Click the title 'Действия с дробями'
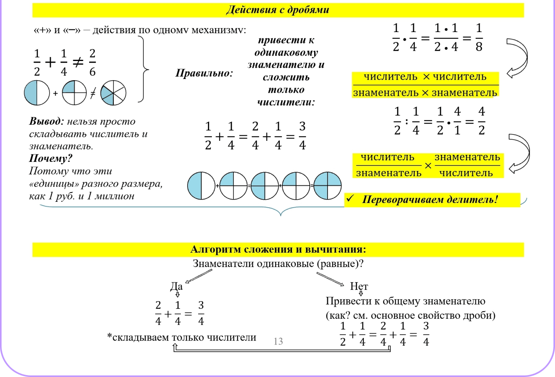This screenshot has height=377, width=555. tap(278, 10)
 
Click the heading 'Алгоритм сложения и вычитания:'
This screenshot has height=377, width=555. tap(278, 250)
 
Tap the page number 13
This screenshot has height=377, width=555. tap(278, 341)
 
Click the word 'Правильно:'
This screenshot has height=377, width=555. tap(204, 73)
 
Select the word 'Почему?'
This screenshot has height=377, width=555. tap(51, 158)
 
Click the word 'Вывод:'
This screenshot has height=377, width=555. tap(46, 121)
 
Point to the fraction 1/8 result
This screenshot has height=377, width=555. tap(479, 38)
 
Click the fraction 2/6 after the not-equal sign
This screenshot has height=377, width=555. tap(92, 63)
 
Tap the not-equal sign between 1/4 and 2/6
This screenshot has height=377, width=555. tap(78, 62)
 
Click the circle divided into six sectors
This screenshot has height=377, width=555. tap(113, 93)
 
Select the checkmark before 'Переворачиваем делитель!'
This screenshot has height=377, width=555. tap(350, 199)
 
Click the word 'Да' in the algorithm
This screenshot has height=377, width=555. tap(176, 286)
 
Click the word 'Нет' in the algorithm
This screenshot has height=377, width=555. tap(359, 286)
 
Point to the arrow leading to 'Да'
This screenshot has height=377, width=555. tap(198, 276)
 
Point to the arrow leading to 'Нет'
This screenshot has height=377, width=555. tap(330, 279)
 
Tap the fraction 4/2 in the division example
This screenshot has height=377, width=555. tap(482, 121)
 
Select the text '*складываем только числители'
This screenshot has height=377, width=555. tap(182, 338)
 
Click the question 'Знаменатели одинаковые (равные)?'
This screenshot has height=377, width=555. tap(278, 264)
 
